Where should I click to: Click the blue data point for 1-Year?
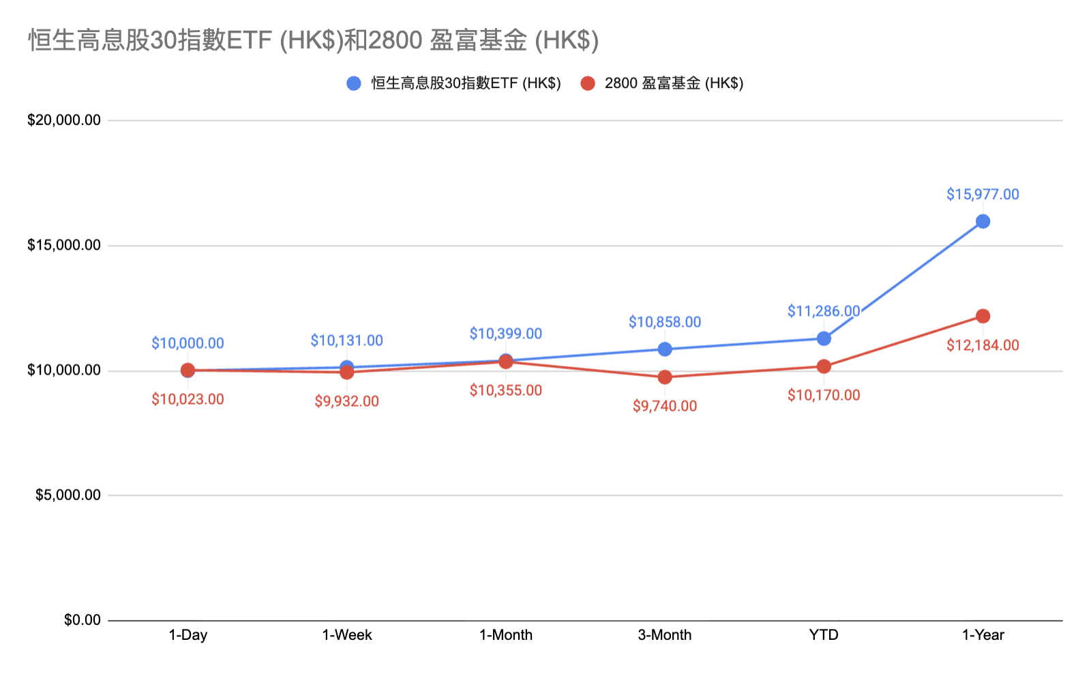point(983,221)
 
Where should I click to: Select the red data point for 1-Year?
point(983,316)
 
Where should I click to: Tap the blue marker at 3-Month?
point(665,349)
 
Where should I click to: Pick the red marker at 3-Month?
point(665,377)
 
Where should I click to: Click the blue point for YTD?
point(824,338)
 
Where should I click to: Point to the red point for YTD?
point(824,366)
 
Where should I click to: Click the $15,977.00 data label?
point(983,194)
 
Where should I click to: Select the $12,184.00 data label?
point(983,345)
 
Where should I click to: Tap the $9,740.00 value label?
point(665,407)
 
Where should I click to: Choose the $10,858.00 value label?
point(665,322)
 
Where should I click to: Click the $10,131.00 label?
point(346,340)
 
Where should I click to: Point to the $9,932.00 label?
point(346,401)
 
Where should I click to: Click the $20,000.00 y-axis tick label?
point(64,120)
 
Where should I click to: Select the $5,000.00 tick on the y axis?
point(68,495)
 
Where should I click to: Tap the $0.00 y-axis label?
point(83,620)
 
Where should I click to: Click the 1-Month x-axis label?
point(506,635)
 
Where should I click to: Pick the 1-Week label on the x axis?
point(347,635)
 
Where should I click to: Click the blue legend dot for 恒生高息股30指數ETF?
point(354,83)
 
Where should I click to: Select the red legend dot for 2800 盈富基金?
point(588,83)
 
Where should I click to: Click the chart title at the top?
point(314,40)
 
